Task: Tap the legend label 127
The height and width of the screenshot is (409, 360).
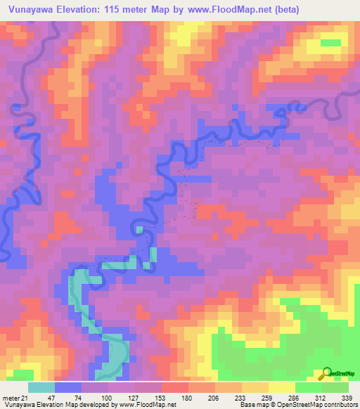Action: tap(134, 397)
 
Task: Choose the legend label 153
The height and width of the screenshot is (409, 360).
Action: tap(161, 397)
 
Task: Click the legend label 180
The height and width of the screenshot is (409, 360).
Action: tap(188, 397)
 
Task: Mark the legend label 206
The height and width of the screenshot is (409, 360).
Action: tap(214, 397)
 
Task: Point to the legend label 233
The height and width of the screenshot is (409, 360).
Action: tap(241, 397)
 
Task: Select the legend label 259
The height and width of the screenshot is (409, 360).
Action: tap(268, 397)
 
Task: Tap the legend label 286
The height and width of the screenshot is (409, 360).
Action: tap(295, 397)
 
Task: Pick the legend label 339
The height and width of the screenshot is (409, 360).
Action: tap(346, 397)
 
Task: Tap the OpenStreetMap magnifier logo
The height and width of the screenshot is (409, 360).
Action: tap(327, 373)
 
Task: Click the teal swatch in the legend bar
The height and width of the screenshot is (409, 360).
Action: tap(41, 387)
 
